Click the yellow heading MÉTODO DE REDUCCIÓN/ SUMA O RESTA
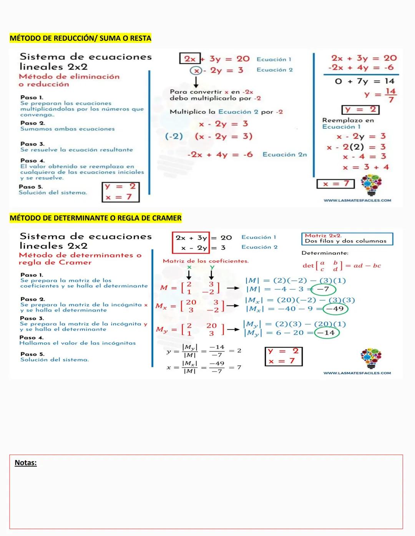pyautogui.click(x=80, y=38)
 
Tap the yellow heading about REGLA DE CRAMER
pyautogui.click(x=95, y=218)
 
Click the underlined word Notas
pyautogui.click(x=25, y=463)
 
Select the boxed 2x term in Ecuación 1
pyautogui.click(x=190, y=59)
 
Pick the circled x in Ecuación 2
pyautogui.click(x=196, y=71)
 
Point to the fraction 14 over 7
pyautogui.click(x=390, y=95)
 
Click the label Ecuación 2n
pyautogui.click(x=285, y=154)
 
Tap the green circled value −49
pyautogui.click(x=335, y=309)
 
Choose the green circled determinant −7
pyautogui.click(x=323, y=289)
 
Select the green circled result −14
pyautogui.click(x=327, y=333)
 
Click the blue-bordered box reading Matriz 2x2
pyautogui.click(x=347, y=239)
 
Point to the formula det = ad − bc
pyautogui.click(x=342, y=266)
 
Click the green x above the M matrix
pyautogui.click(x=189, y=267)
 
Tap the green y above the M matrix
pyautogui.click(x=212, y=267)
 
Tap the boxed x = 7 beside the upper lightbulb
pyautogui.click(x=335, y=184)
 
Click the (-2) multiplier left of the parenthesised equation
pyautogui.click(x=174, y=136)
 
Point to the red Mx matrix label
pyautogui.click(x=161, y=306)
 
